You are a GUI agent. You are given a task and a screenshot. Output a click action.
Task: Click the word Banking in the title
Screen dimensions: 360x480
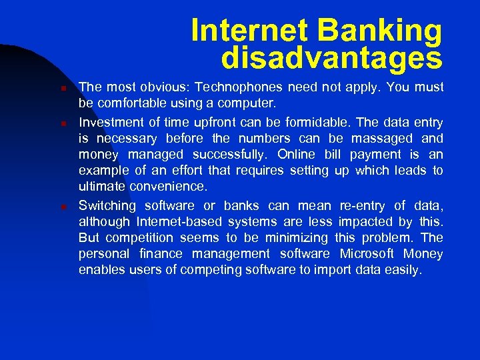coord(379,31)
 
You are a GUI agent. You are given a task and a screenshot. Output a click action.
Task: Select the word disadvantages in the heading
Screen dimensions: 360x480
coord(331,59)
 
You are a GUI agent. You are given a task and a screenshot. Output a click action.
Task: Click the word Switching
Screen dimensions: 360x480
coord(108,205)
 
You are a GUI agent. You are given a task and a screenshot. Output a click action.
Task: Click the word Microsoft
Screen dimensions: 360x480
coord(369,254)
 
